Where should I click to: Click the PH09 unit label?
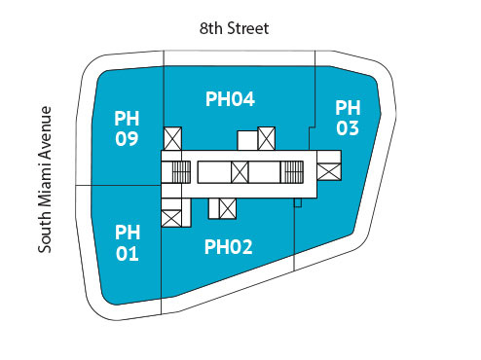point(127,128)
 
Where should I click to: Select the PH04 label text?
point(230,98)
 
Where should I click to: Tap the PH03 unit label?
point(348,117)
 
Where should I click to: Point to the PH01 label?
point(127,243)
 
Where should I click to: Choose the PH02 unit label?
point(229,247)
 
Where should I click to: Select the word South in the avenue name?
point(45,233)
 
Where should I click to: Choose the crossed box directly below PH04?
point(267,138)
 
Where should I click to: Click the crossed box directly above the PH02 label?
point(229,208)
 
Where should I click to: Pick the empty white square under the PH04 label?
point(246,141)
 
